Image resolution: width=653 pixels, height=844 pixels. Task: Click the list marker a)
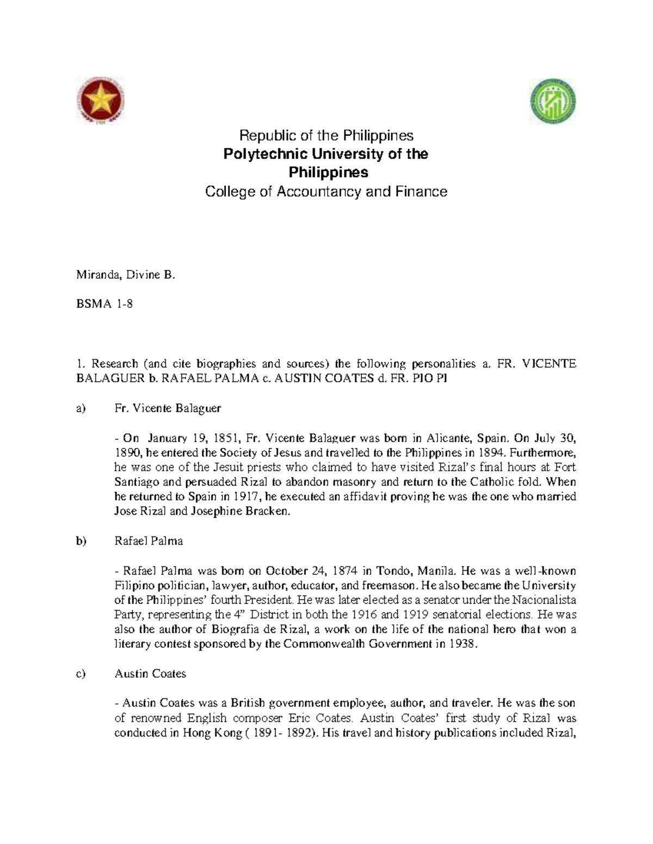[81, 408]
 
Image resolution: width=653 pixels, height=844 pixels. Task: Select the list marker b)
[81, 541]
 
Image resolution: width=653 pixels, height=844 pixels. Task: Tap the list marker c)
[81, 674]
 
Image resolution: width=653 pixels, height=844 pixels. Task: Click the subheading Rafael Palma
[149, 541]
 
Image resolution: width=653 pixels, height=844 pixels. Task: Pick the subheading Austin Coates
[150, 674]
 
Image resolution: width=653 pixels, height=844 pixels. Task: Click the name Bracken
[270, 511]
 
